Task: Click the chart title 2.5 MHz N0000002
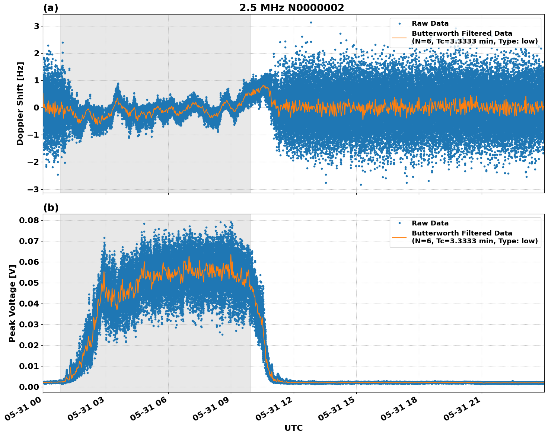coord(291,8)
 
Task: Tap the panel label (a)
coord(51,8)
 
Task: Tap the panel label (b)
coord(51,208)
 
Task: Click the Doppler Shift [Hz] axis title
coord(20,103)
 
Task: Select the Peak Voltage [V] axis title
coord(12,303)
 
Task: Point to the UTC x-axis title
coord(293,428)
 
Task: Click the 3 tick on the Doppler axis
coord(36,26)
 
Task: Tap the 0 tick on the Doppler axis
coord(36,108)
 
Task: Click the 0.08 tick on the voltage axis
coord(29,220)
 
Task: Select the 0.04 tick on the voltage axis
coord(29,304)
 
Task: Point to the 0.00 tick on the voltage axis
coord(29,387)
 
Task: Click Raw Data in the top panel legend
coord(430,24)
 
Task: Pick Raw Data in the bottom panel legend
coord(430,223)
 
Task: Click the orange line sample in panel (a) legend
coord(399,38)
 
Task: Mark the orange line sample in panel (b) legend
coord(399,237)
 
